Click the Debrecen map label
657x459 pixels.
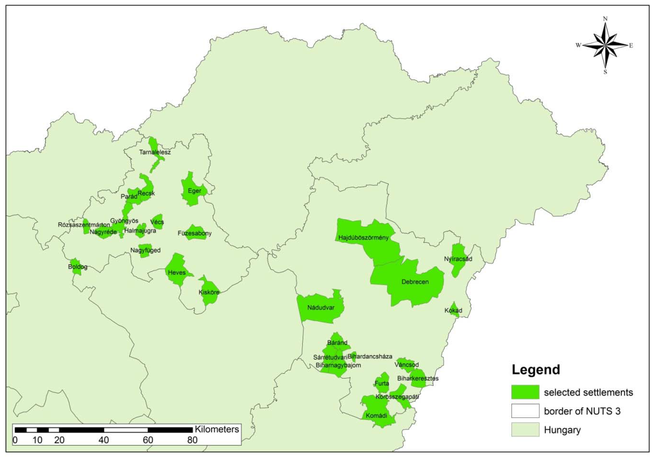click(415, 282)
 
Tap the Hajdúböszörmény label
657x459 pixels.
click(363, 237)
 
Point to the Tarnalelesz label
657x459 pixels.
click(155, 152)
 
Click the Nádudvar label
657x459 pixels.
click(321, 308)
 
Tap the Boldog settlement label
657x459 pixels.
click(78, 267)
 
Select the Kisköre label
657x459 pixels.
click(209, 292)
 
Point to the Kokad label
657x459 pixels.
click(453, 310)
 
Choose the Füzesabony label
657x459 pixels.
click(195, 233)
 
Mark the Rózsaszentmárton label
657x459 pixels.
click(84, 225)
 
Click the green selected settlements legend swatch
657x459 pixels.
click(525, 392)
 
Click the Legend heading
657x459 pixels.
click(536, 370)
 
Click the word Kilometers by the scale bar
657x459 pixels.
click(217, 429)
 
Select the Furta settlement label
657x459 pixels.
click(382, 383)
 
